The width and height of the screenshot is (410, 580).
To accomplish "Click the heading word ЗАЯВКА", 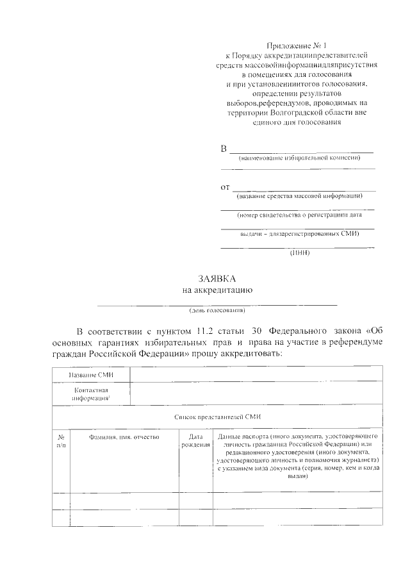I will click(x=218, y=279).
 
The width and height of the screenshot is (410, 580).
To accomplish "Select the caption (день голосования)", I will click(x=217, y=310).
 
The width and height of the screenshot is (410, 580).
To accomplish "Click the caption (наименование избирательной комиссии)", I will click(x=298, y=158).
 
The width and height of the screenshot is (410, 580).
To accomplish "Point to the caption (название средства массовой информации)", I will click(x=299, y=196).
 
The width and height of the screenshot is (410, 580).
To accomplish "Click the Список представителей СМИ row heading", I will click(x=217, y=417).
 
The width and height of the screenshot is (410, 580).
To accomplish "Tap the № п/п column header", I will click(x=61, y=440).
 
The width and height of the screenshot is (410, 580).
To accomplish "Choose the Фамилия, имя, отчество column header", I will click(x=124, y=436).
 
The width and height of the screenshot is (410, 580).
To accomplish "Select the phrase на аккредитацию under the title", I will click(x=218, y=290).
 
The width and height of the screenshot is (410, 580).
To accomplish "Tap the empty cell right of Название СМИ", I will click(x=256, y=374).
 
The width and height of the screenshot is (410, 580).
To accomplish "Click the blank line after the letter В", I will click(x=301, y=151).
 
